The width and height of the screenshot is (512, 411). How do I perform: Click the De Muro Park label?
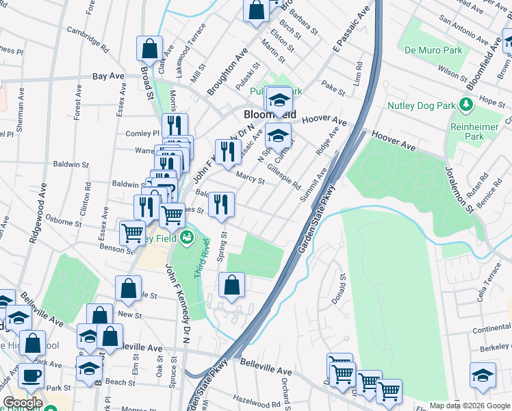pyautogui.click(x=433, y=50)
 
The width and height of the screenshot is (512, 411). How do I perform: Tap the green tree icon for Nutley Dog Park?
pyautogui.click(x=466, y=105)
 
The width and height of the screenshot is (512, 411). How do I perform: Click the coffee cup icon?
pyautogui.click(x=31, y=375)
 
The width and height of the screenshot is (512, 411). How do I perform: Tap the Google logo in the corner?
pyautogui.click(x=23, y=403)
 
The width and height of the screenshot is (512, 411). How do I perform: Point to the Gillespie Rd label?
pyautogui.click(x=283, y=177)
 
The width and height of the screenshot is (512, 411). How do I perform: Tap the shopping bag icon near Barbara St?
pyautogui.click(x=256, y=10)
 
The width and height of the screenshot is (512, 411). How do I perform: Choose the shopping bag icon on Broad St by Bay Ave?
pyautogui.click(x=149, y=49)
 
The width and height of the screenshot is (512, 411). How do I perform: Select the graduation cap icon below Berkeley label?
pyautogui.click(x=483, y=375)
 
